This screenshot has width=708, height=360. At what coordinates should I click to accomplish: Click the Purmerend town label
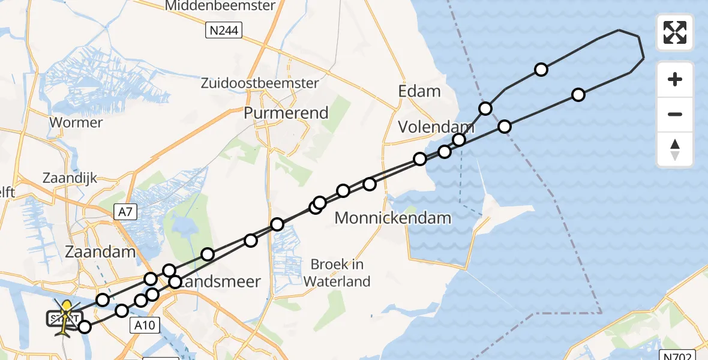(x=286, y=113)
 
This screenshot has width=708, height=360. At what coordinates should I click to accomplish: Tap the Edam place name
(x=419, y=91)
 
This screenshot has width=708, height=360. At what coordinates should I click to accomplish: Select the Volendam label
(x=429, y=127)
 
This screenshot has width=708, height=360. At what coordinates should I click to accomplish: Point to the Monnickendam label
(x=392, y=217)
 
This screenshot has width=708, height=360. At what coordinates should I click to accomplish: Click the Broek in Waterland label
(x=337, y=272)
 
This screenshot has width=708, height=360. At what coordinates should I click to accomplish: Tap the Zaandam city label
(x=100, y=251)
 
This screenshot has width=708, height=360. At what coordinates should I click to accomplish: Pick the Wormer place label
(x=76, y=122)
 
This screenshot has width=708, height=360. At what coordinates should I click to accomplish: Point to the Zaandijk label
(x=70, y=178)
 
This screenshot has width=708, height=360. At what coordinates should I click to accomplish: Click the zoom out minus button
(x=675, y=114)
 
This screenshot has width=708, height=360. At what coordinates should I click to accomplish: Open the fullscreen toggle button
(x=675, y=32)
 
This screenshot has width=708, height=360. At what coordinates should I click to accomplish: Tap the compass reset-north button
(x=675, y=149)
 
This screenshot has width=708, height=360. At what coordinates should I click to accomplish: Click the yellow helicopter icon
(x=65, y=316)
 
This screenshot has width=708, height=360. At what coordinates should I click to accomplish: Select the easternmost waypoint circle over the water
(x=578, y=95)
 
